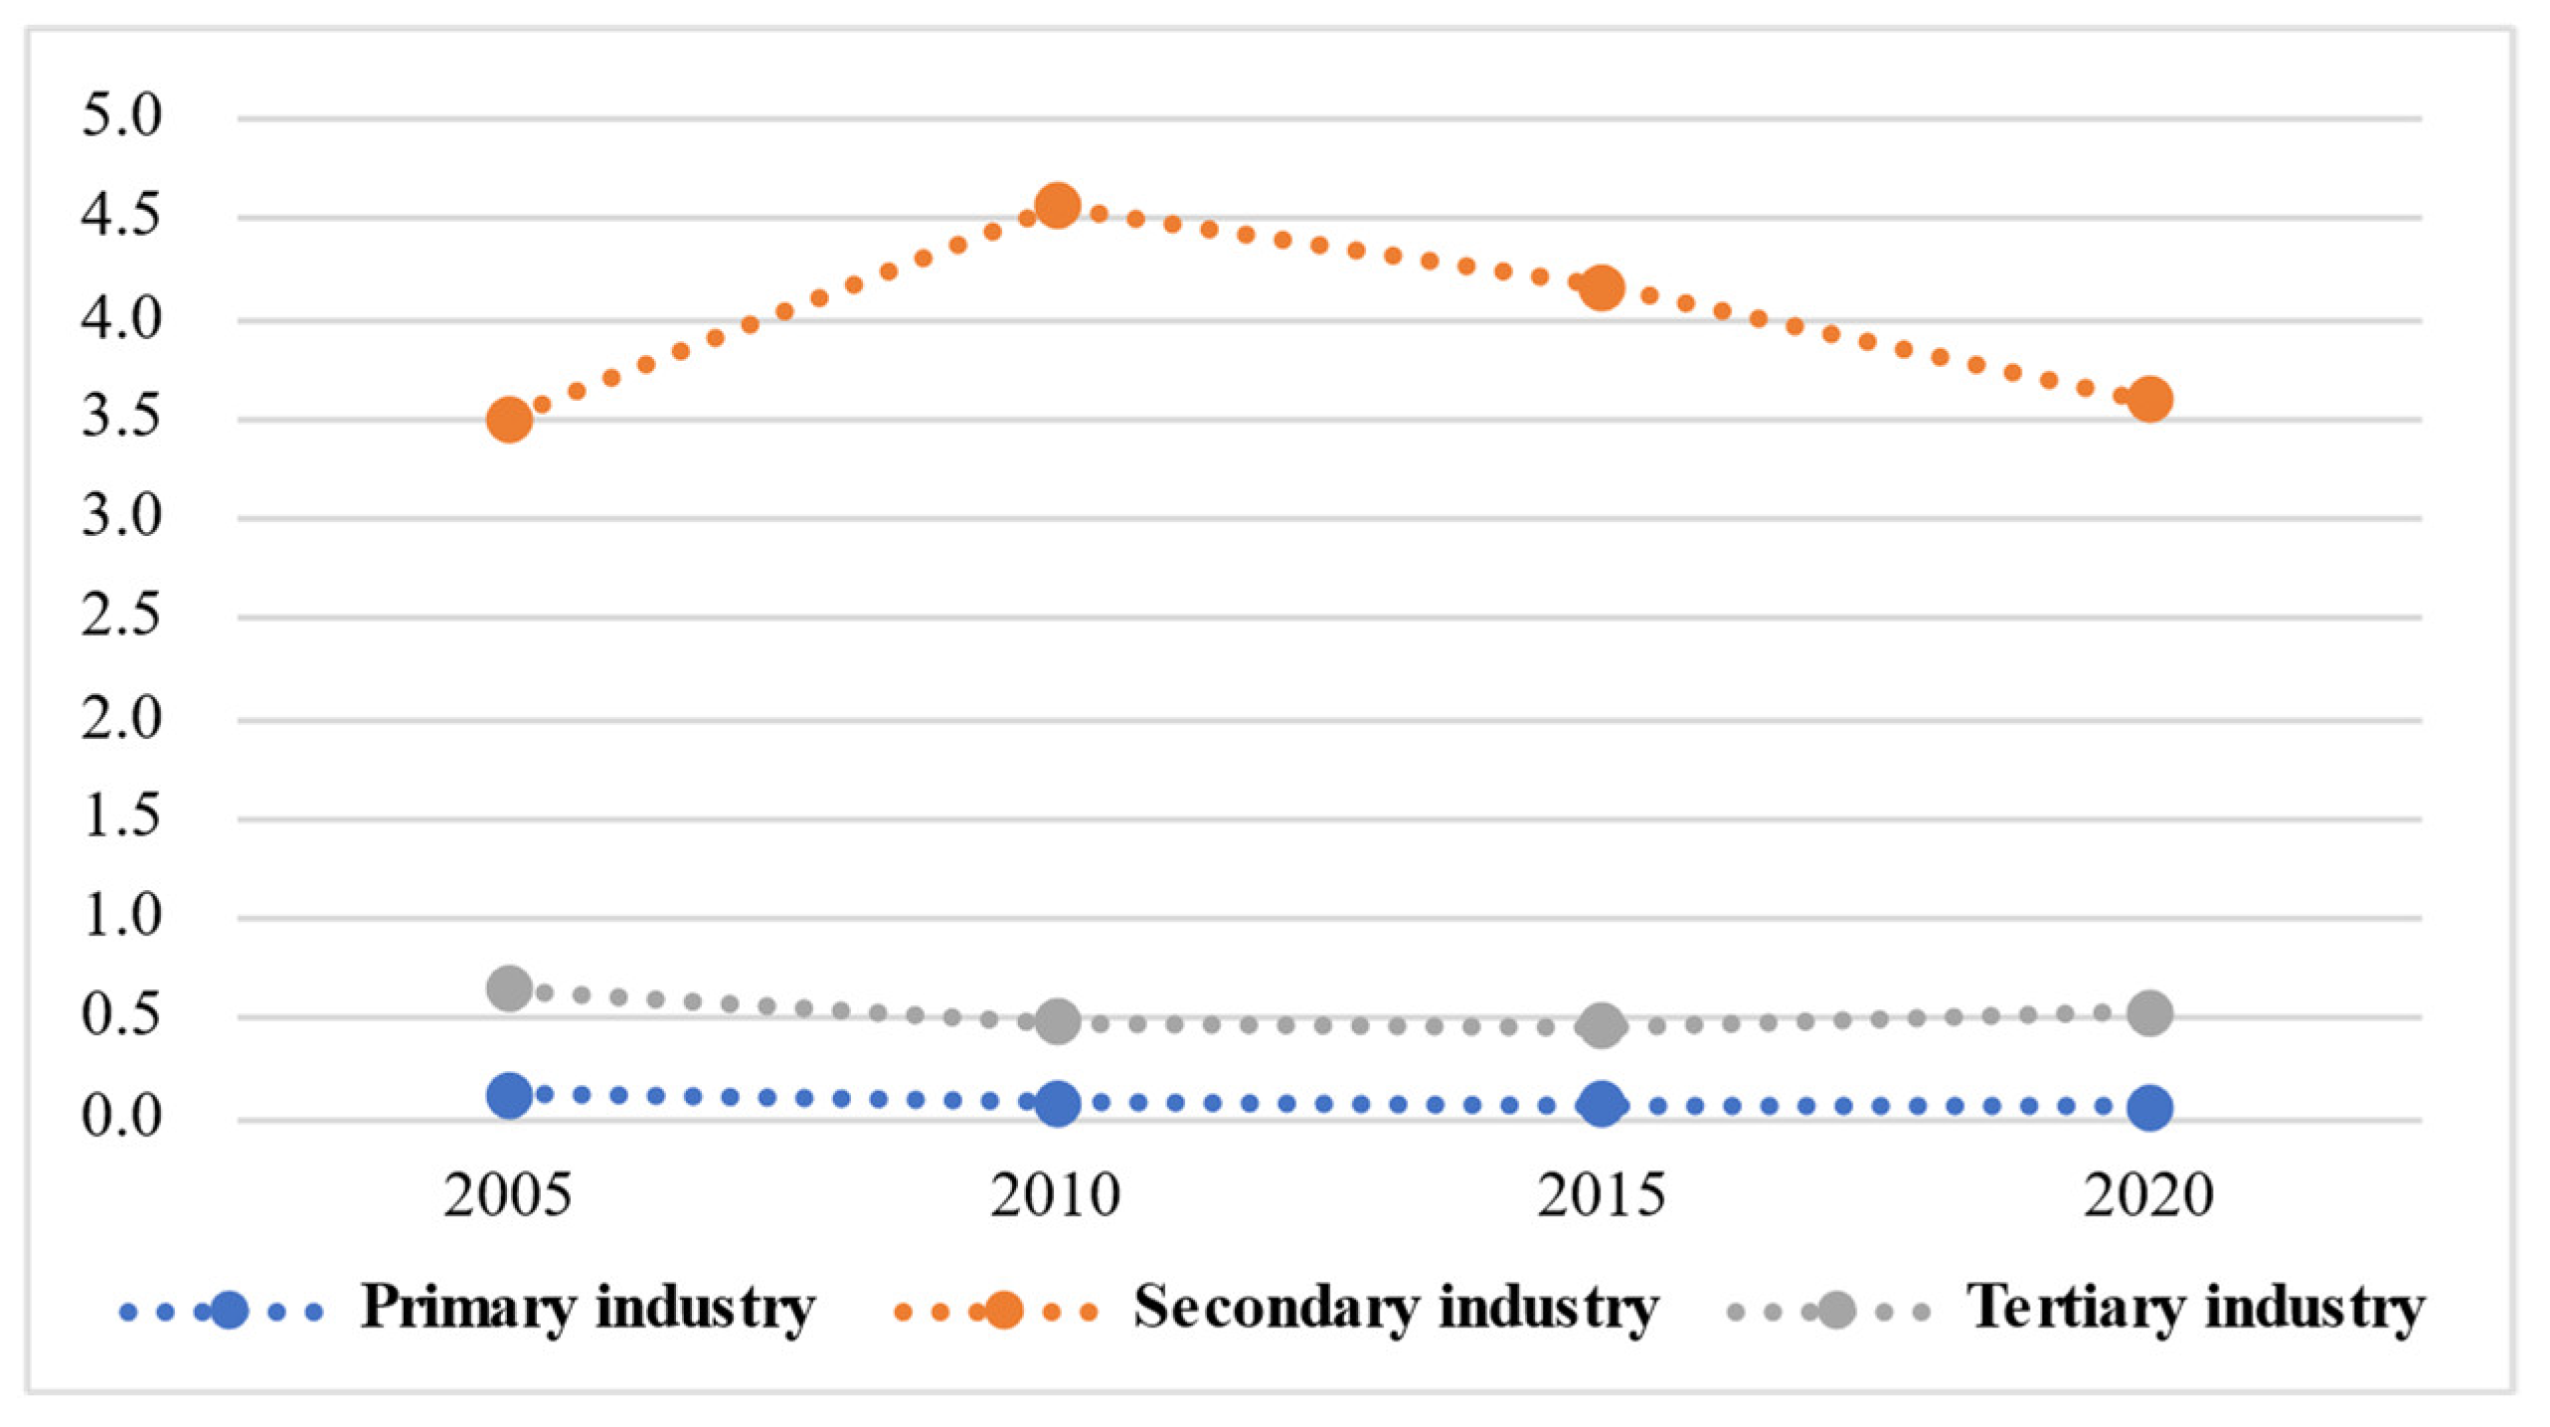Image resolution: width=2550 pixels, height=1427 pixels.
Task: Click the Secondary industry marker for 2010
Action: pyautogui.click(x=1057, y=206)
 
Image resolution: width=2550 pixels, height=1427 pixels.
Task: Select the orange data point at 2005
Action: pyautogui.click(x=509, y=420)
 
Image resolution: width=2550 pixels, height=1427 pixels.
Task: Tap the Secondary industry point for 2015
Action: pyautogui.click(x=1602, y=288)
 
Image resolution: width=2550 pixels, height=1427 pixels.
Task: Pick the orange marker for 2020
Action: pyautogui.click(x=2149, y=399)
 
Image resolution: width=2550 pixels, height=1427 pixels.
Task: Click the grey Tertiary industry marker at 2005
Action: pyautogui.click(x=509, y=988)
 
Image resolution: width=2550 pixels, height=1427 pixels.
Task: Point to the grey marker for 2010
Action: pyautogui.click(x=1057, y=1021)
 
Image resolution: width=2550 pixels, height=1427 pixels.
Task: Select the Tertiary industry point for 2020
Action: pyautogui.click(x=2149, y=1013)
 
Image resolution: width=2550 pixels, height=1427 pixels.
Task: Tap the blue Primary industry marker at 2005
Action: pyautogui.click(x=509, y=1095)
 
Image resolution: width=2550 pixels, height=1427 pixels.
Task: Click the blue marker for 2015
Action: pyautogui.click(x=1602, y=1104)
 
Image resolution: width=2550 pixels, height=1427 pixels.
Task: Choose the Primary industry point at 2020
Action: pyautogui.click(x=2149, y=1107)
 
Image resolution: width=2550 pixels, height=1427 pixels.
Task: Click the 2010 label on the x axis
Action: pyautogui.click(x=1055, y=1195)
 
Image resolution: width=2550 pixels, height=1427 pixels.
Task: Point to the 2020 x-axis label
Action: pyautogui.click(x=2148, y=1195)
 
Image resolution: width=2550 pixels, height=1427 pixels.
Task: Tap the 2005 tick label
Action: pyautogui.click(x=508, y=1195)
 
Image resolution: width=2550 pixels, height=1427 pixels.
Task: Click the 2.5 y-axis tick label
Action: pyautogui.click(x=120, y=616)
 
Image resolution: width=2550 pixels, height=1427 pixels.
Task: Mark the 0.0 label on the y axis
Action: pyautogui.click(x=120, y=1116)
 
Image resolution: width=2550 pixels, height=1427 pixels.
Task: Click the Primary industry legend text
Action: pyautogui.click(x=588, y=1308)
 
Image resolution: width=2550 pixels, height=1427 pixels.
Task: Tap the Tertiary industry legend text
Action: pyautogui.click(x=2195, y=1308)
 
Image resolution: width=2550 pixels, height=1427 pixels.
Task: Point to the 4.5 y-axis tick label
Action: pyautogui.click(x=120, y=216)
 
